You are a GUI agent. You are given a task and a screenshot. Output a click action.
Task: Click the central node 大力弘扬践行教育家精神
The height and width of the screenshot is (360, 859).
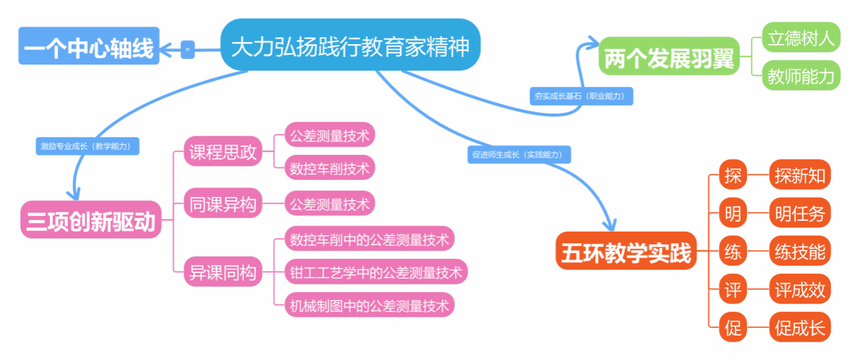[x=350, y=44]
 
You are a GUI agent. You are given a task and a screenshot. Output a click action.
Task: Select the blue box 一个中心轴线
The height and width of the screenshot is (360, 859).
[x=89, y=46]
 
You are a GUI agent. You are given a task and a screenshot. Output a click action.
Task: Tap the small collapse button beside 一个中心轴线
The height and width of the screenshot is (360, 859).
[x=188, y=50]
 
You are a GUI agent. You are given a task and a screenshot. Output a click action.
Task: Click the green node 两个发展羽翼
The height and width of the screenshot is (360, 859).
[x=669, y=56]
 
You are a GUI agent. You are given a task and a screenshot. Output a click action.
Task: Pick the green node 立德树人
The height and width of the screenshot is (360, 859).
[x=801, y=37]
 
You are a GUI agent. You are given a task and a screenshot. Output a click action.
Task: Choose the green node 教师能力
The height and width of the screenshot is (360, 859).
[x=801, y=75]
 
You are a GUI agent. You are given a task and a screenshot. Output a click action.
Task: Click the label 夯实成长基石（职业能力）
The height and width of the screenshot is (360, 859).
[x=581, y=96]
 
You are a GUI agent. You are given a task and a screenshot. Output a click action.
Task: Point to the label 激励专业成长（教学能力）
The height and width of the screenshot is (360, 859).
[x=88, y=146]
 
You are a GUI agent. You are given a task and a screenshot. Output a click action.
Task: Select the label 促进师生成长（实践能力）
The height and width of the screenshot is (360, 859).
[x=519, y=154]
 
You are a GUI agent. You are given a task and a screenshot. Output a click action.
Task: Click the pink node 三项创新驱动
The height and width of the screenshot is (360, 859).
[x=91, y=219]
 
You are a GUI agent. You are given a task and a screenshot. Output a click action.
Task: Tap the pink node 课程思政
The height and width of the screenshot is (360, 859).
[x=223, y=151]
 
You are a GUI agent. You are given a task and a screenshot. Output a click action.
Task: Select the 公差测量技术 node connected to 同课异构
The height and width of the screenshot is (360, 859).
[x=330, y=203]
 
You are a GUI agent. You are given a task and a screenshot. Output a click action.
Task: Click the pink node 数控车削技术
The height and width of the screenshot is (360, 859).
[x=330, y=168]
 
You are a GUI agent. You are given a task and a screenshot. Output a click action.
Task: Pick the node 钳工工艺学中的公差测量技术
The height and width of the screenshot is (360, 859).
[x=376, y=272]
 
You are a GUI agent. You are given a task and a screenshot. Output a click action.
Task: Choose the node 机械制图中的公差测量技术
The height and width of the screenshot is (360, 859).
[x=370, y=305]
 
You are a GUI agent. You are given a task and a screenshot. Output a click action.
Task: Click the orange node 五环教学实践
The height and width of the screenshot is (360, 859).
[x=626, y=251]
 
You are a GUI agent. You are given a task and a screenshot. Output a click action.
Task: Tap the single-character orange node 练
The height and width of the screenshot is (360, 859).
[x=733, y=251]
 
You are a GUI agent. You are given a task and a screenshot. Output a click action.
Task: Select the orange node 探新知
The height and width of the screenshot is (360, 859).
[x=800, y=175]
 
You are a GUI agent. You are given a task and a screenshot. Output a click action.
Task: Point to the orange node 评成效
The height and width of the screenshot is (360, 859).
[x=800, y=289]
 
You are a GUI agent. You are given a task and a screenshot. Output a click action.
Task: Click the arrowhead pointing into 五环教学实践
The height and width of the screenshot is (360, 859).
[x=610, y=226]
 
